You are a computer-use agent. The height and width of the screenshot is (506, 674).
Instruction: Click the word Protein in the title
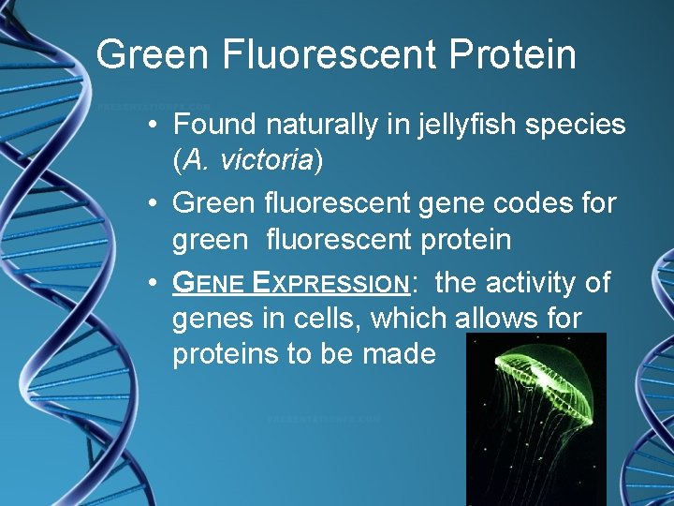(x=512, y=54)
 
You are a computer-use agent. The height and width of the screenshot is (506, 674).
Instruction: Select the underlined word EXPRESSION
(x=338, y=282)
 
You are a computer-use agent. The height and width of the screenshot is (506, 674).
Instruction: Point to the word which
(x=409, y=319)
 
